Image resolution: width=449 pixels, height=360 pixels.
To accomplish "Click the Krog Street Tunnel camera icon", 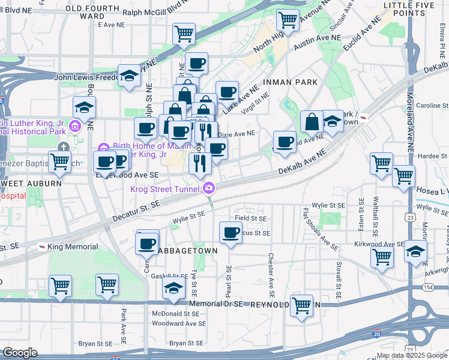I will (x=208, y=188).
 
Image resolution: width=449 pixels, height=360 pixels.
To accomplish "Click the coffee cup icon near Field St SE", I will (x=230, y=233).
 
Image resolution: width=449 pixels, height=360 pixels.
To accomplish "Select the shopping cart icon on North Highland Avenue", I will (x=288, y=20).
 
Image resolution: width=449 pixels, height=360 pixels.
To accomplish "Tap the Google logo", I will (x=20, y=353).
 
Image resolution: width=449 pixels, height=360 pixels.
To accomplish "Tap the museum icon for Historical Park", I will (x=75, y=125).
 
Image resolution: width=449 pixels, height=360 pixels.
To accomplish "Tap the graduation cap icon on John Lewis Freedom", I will (x=128, y=76).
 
